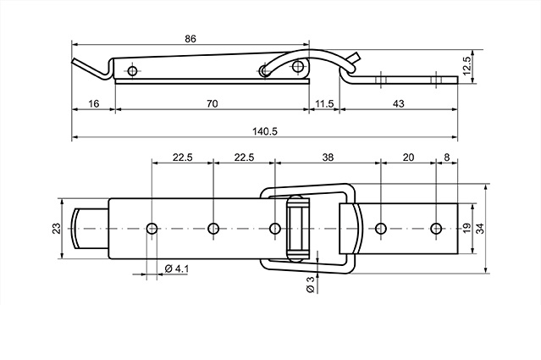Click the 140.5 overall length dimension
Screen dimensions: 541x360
[x=265, y=131]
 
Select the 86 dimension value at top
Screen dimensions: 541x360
[x=190, y=39]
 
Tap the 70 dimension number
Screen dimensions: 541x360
[x=213, y=103]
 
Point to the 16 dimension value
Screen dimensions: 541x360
[x=93, y=103]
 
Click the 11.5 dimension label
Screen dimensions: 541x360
[x=324, y=103]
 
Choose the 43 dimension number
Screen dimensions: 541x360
[x=399, y=103]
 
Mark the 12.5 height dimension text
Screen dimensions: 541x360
[x=466, y=65]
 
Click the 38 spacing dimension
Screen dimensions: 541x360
[x=328, y=158]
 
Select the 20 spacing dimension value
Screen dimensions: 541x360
[x=408, y=158]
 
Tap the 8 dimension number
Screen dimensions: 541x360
[x=447, y=158]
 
